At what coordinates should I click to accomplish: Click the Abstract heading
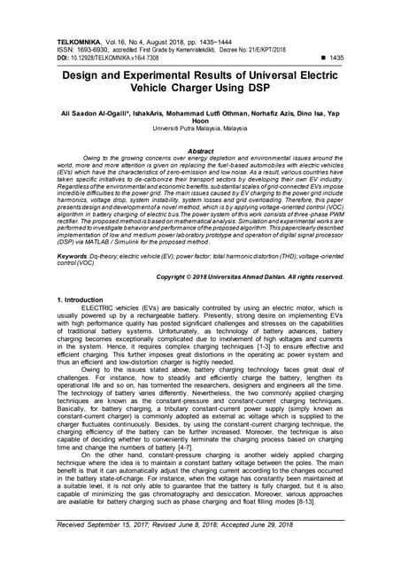201,151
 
